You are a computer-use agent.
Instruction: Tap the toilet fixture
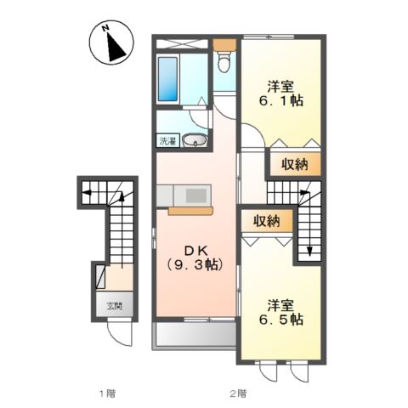pos(224,61)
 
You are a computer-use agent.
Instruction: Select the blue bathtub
pos(167,81)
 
